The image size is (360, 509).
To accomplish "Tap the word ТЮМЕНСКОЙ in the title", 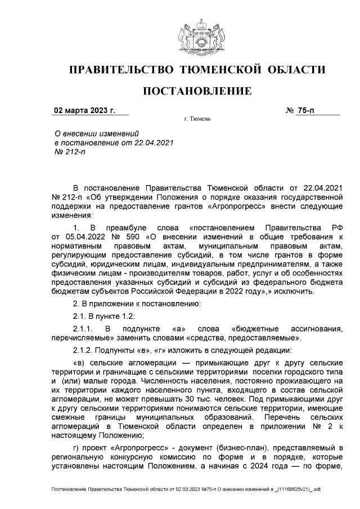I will pos(218,70).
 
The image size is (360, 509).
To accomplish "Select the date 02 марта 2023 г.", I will pos(84,110).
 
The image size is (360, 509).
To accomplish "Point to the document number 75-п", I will pos(307,110).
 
